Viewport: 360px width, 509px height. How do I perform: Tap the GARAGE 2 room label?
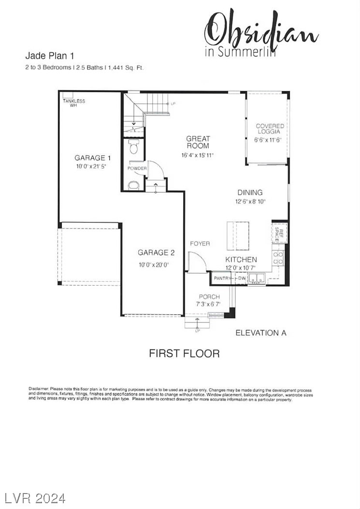point(156,252)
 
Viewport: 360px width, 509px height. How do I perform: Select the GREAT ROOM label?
point(198,142)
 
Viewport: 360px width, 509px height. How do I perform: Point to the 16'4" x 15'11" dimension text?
point(198,155)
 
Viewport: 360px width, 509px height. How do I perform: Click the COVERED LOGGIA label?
point(270,129)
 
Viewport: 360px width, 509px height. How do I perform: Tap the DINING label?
point(250,192)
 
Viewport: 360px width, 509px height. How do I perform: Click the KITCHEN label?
point(241,260)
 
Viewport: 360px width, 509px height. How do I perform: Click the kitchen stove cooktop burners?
point(278,257)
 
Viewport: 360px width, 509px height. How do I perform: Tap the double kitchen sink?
point(256,278)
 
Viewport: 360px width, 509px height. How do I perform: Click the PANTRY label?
point(223,279)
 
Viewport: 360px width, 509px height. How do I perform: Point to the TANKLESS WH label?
point(73,102)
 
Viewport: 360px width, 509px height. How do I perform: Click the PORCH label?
point(209,296)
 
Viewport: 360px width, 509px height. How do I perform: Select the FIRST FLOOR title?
point(184,353)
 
